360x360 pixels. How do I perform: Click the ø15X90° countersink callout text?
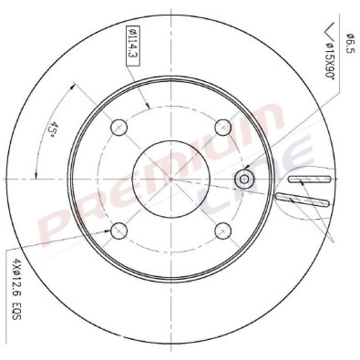333,57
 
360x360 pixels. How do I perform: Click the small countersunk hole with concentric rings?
244,178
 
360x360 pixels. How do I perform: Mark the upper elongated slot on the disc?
308,180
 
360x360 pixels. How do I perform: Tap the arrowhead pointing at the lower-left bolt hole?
112,231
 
